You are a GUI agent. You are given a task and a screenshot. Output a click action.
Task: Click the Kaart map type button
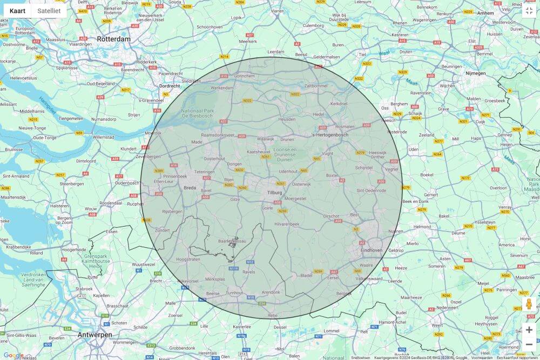pyautogui.click(x=17, y=11)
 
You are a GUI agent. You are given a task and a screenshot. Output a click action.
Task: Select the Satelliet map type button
pyautogui.click(x=49, y=11)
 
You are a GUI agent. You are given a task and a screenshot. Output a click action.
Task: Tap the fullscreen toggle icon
pyautogui.click(x=529, y=11)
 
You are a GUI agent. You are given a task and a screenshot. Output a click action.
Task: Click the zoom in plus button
pyautogui.click(x=529, y=330)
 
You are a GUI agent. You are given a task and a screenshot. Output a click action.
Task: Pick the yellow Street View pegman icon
pyautogui.click(x=529, y=304)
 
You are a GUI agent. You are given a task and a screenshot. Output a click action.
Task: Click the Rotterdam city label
pyautogui.click(x=114, y=39)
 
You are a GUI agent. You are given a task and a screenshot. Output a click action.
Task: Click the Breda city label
pyautogui.click(x=190, y=188)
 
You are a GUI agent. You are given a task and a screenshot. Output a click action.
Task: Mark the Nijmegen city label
pyautogui.click(x=475, y=73)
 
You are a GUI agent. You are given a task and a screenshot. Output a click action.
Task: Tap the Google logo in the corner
pyautogui.click(x=13, y=355)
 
